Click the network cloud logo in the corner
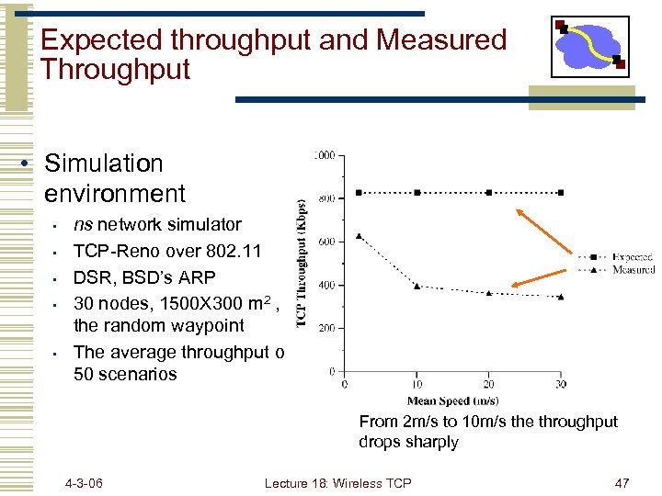pyautogui.click(x=590, y=46)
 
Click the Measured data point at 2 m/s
pyautogui.click(x=359, y=236)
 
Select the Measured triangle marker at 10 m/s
pyautogui.click(x=417, y=287)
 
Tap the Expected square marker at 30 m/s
pyautogui.click(x=561, y=193)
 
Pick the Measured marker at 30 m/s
pyautogui.click(x=561, y=297)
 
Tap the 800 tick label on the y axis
pyautogui.click(x=326, y=197)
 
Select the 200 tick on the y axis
pyautogui.click(x=326, y=328)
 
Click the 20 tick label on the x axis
pyautogui.click(x=488, y=384)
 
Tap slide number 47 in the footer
pyautogui.click(x=622, y=483)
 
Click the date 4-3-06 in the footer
pyautogui.click(x=84, y=483)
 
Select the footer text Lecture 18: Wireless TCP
pyautogui.click(x=337, y=483)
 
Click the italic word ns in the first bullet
pyautogui.click(x=83, y=225)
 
